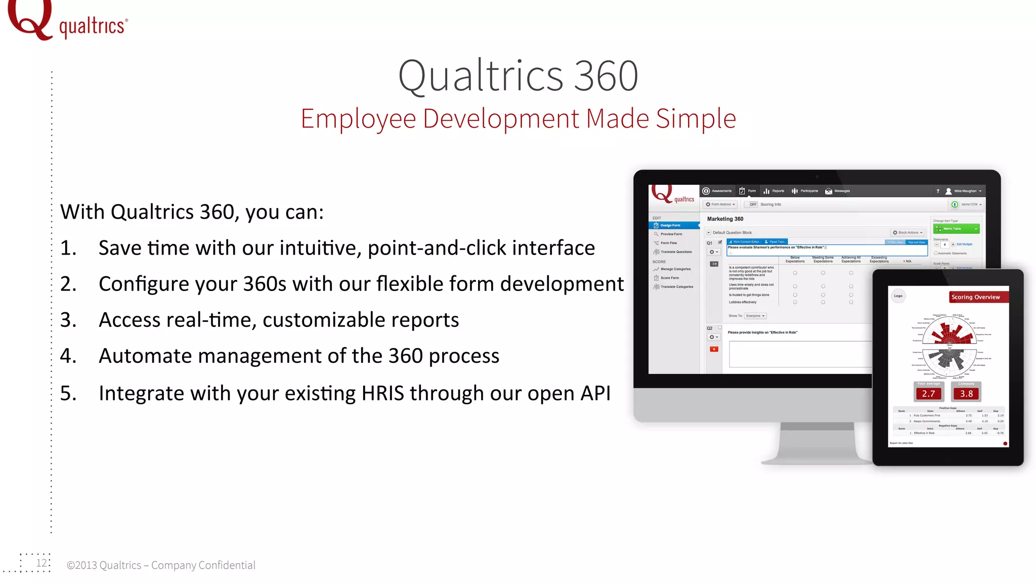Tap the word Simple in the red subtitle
pyautogui.click(x=696, y=118)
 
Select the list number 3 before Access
pyautogui.click(x=68, y=320)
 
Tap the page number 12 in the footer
pyautogui.click(x=41, y=563)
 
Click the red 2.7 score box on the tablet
pyautogui.click(x=928, y=394)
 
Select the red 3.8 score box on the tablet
pyautogui.click(x=966, y=394)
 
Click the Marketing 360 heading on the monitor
pyautogui.click(x=725, y=219)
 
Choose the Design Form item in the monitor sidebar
pyautogui.click(x=670, y=225)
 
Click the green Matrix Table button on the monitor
pyautogui.click(x=956, y=229)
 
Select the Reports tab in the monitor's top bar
pyautogui.click(x=774, y=191)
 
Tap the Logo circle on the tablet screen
pyautogui.click(x=898, y=296)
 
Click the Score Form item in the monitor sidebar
pyautogui.click(x=669, y=278)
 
